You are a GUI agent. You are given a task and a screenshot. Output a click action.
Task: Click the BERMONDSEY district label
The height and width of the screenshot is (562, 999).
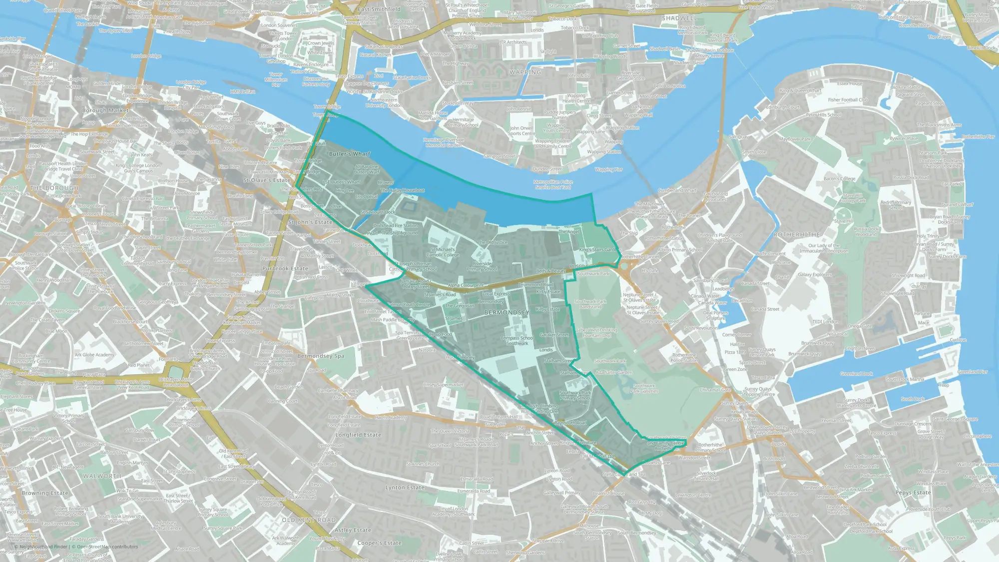click(506, 313)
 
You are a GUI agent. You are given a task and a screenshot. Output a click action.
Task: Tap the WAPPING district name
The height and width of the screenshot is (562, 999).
click(525, 72)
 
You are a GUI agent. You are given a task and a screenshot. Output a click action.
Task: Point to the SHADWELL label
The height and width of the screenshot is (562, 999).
click(679, 18)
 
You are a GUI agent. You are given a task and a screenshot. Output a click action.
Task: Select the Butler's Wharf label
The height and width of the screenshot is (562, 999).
click(350, 154)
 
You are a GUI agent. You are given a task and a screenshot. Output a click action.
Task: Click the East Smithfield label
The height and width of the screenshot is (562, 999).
click(379, 9)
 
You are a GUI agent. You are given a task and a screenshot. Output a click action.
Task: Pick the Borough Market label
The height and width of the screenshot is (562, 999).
click(105, 110)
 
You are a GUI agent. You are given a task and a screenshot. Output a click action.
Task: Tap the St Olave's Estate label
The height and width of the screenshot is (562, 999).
click(267, 180)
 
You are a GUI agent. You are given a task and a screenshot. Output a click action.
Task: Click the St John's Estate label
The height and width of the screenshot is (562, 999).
click(310, 222)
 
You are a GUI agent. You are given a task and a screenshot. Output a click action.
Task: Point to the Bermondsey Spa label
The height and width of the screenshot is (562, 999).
click(320, 356)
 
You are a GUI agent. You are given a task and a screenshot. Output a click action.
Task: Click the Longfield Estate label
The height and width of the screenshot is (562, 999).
click(358, 435)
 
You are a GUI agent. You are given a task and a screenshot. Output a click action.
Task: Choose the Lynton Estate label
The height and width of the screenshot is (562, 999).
click(405, 488)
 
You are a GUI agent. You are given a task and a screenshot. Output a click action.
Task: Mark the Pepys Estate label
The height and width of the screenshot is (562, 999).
click(913, 493)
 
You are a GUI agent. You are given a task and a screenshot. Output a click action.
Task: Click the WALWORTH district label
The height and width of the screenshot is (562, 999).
click(102, 476)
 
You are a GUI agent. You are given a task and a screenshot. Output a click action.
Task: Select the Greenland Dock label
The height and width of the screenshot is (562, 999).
click(856, 374)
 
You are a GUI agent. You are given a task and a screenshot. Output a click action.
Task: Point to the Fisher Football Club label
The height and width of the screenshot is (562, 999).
click(848, 100)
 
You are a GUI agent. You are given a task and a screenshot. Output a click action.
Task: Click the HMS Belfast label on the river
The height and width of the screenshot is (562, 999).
click(242, 92)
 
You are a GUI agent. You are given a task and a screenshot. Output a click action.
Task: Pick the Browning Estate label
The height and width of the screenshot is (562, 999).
click(44, 493)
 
